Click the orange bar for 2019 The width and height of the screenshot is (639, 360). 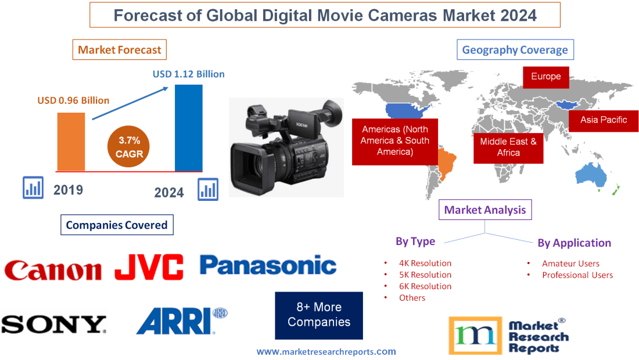coord(71,141)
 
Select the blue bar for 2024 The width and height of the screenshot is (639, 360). coord(189,128)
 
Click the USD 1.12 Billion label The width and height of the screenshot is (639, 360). coord(189,74)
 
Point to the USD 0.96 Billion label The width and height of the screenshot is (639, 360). coord(73,100)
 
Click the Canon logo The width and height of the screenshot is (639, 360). coord(53,270)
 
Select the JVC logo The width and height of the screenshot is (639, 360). coord(149,267)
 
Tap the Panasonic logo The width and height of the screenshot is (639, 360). coord(268,265)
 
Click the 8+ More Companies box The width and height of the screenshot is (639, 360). coord(319,315)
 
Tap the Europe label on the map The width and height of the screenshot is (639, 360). coord(545,77)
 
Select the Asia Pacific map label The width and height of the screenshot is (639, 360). coord(604,120)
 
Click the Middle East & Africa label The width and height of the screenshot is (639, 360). coord(508,147)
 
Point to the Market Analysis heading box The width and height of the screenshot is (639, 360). coord(485,210)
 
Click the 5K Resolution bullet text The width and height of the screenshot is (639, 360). coord(425,275)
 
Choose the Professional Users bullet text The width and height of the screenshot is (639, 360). coord(577,275)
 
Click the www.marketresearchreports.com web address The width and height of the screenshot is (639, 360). coord(326,351)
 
